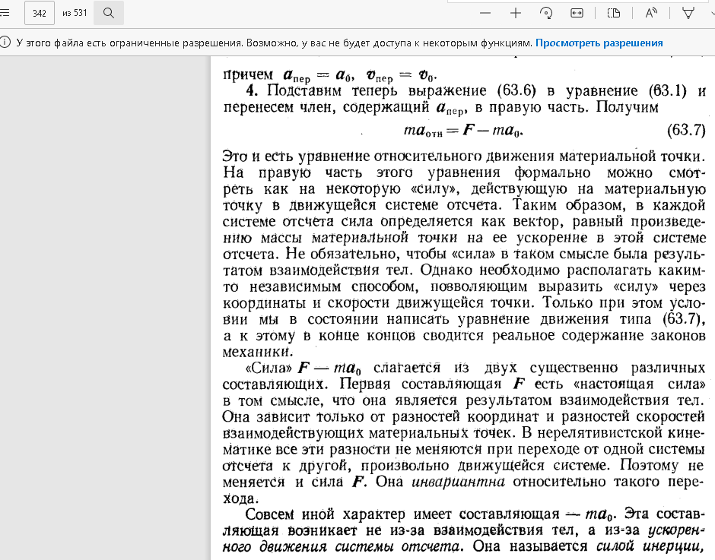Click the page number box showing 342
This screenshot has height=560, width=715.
[40, 13]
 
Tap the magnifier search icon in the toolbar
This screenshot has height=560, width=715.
[109, 13]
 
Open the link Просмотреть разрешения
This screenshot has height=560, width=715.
[599, 43]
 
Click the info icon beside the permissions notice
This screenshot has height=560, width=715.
[6, 43]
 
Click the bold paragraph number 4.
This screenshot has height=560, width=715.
[249, 91]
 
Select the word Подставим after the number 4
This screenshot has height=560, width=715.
[297, 91]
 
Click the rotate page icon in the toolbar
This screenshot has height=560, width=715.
[545, 13]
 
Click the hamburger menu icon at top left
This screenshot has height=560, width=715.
[5, 13]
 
